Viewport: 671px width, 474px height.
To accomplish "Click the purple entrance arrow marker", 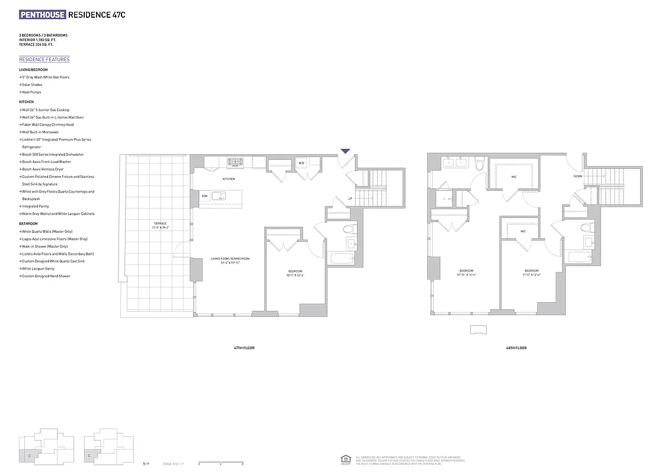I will tap(345, 151).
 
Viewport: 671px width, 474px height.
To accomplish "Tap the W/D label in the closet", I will tap(301, 162).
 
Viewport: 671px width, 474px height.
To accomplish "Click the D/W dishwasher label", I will tap(205, 195).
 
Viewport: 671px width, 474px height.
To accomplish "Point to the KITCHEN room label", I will tap(229, 179).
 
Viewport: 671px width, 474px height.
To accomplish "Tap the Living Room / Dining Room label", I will tap(231, 260).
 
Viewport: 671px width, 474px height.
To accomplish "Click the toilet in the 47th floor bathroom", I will tap(348, 229).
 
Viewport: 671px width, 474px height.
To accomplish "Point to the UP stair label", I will tap(350, 198).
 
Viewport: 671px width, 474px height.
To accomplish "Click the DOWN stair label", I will tap(577, 177).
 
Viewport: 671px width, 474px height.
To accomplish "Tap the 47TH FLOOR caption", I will tap(245, 348).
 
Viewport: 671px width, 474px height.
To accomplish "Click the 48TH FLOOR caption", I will tap(516, 348).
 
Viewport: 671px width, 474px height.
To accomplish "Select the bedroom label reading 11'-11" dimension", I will tap(467, 273).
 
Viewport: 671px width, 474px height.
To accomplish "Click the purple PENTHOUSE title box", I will tap(43, 15).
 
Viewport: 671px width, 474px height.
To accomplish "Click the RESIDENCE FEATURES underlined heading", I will tap(44, 59).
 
